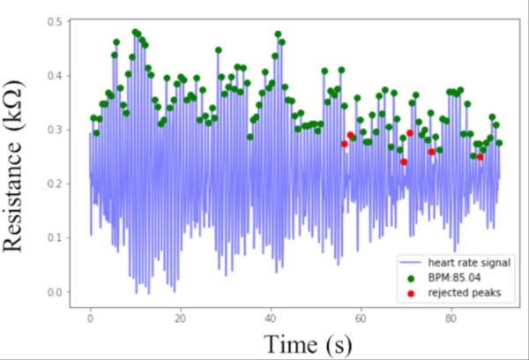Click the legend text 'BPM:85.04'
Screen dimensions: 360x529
[451, 278]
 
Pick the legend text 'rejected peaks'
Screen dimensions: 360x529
[458, 292]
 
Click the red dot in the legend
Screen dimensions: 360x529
[411, 292]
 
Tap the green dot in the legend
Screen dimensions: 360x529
[411, 278]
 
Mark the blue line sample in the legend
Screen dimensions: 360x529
[411, 264]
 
